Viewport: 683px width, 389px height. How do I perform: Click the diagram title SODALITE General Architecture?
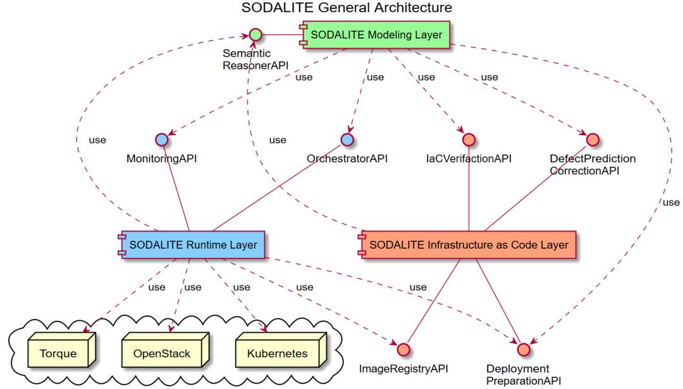click(347, 8)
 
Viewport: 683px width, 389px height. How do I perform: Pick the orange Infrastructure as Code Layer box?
click(469, 244)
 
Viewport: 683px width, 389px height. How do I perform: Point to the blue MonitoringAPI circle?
click(161, 139)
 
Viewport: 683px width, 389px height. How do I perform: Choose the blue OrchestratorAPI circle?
click(347, 139)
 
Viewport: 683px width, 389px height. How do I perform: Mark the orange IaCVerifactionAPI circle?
click(468, 139)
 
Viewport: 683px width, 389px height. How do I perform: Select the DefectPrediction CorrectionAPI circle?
click(592, 139)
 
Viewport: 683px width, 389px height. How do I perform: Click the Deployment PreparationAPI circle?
click(522, 349)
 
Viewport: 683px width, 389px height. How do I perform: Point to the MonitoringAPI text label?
click(161, 159)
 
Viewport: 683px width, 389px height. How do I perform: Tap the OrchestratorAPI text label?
click(347, 159)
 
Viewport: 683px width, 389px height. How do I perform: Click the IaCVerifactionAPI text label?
click(468, 159)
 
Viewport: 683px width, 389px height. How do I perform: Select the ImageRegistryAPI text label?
click(403, 369)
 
